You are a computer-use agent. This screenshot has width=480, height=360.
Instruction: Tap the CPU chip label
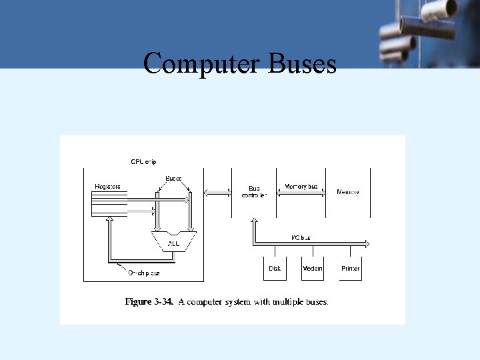click(x=143, y=161)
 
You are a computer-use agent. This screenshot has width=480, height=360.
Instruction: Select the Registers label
click(x=108, y=187)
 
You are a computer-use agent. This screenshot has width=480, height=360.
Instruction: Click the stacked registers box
click(x=109, y=203)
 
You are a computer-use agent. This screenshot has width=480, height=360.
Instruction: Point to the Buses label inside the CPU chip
click(x=173, y=179)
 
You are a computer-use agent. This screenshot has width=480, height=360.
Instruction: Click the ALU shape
click(x=174, y=241)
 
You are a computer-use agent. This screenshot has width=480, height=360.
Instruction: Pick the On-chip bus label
click(x=143, y=273)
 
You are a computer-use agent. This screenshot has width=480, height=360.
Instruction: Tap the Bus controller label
click(x=254, y=192)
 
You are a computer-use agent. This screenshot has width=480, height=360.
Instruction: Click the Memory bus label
click(x=301, y=187)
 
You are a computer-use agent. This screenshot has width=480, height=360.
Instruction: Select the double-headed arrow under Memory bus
click(x=301, y=193)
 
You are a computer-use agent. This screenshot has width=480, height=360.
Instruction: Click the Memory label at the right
click(x=347, y=192)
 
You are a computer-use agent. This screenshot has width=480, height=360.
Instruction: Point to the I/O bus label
click(x=301, y=237)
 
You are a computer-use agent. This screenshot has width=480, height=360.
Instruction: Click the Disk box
click(x=275, y=268)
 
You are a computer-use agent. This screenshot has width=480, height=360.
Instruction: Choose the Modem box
click(x=312, y=268)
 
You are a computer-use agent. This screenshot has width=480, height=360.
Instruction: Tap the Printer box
click(x=350, y=268)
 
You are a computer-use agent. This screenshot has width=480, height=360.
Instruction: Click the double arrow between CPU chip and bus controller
click(x=216, y=193)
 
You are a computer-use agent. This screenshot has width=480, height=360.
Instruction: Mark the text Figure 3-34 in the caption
click(x=149, y=302)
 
